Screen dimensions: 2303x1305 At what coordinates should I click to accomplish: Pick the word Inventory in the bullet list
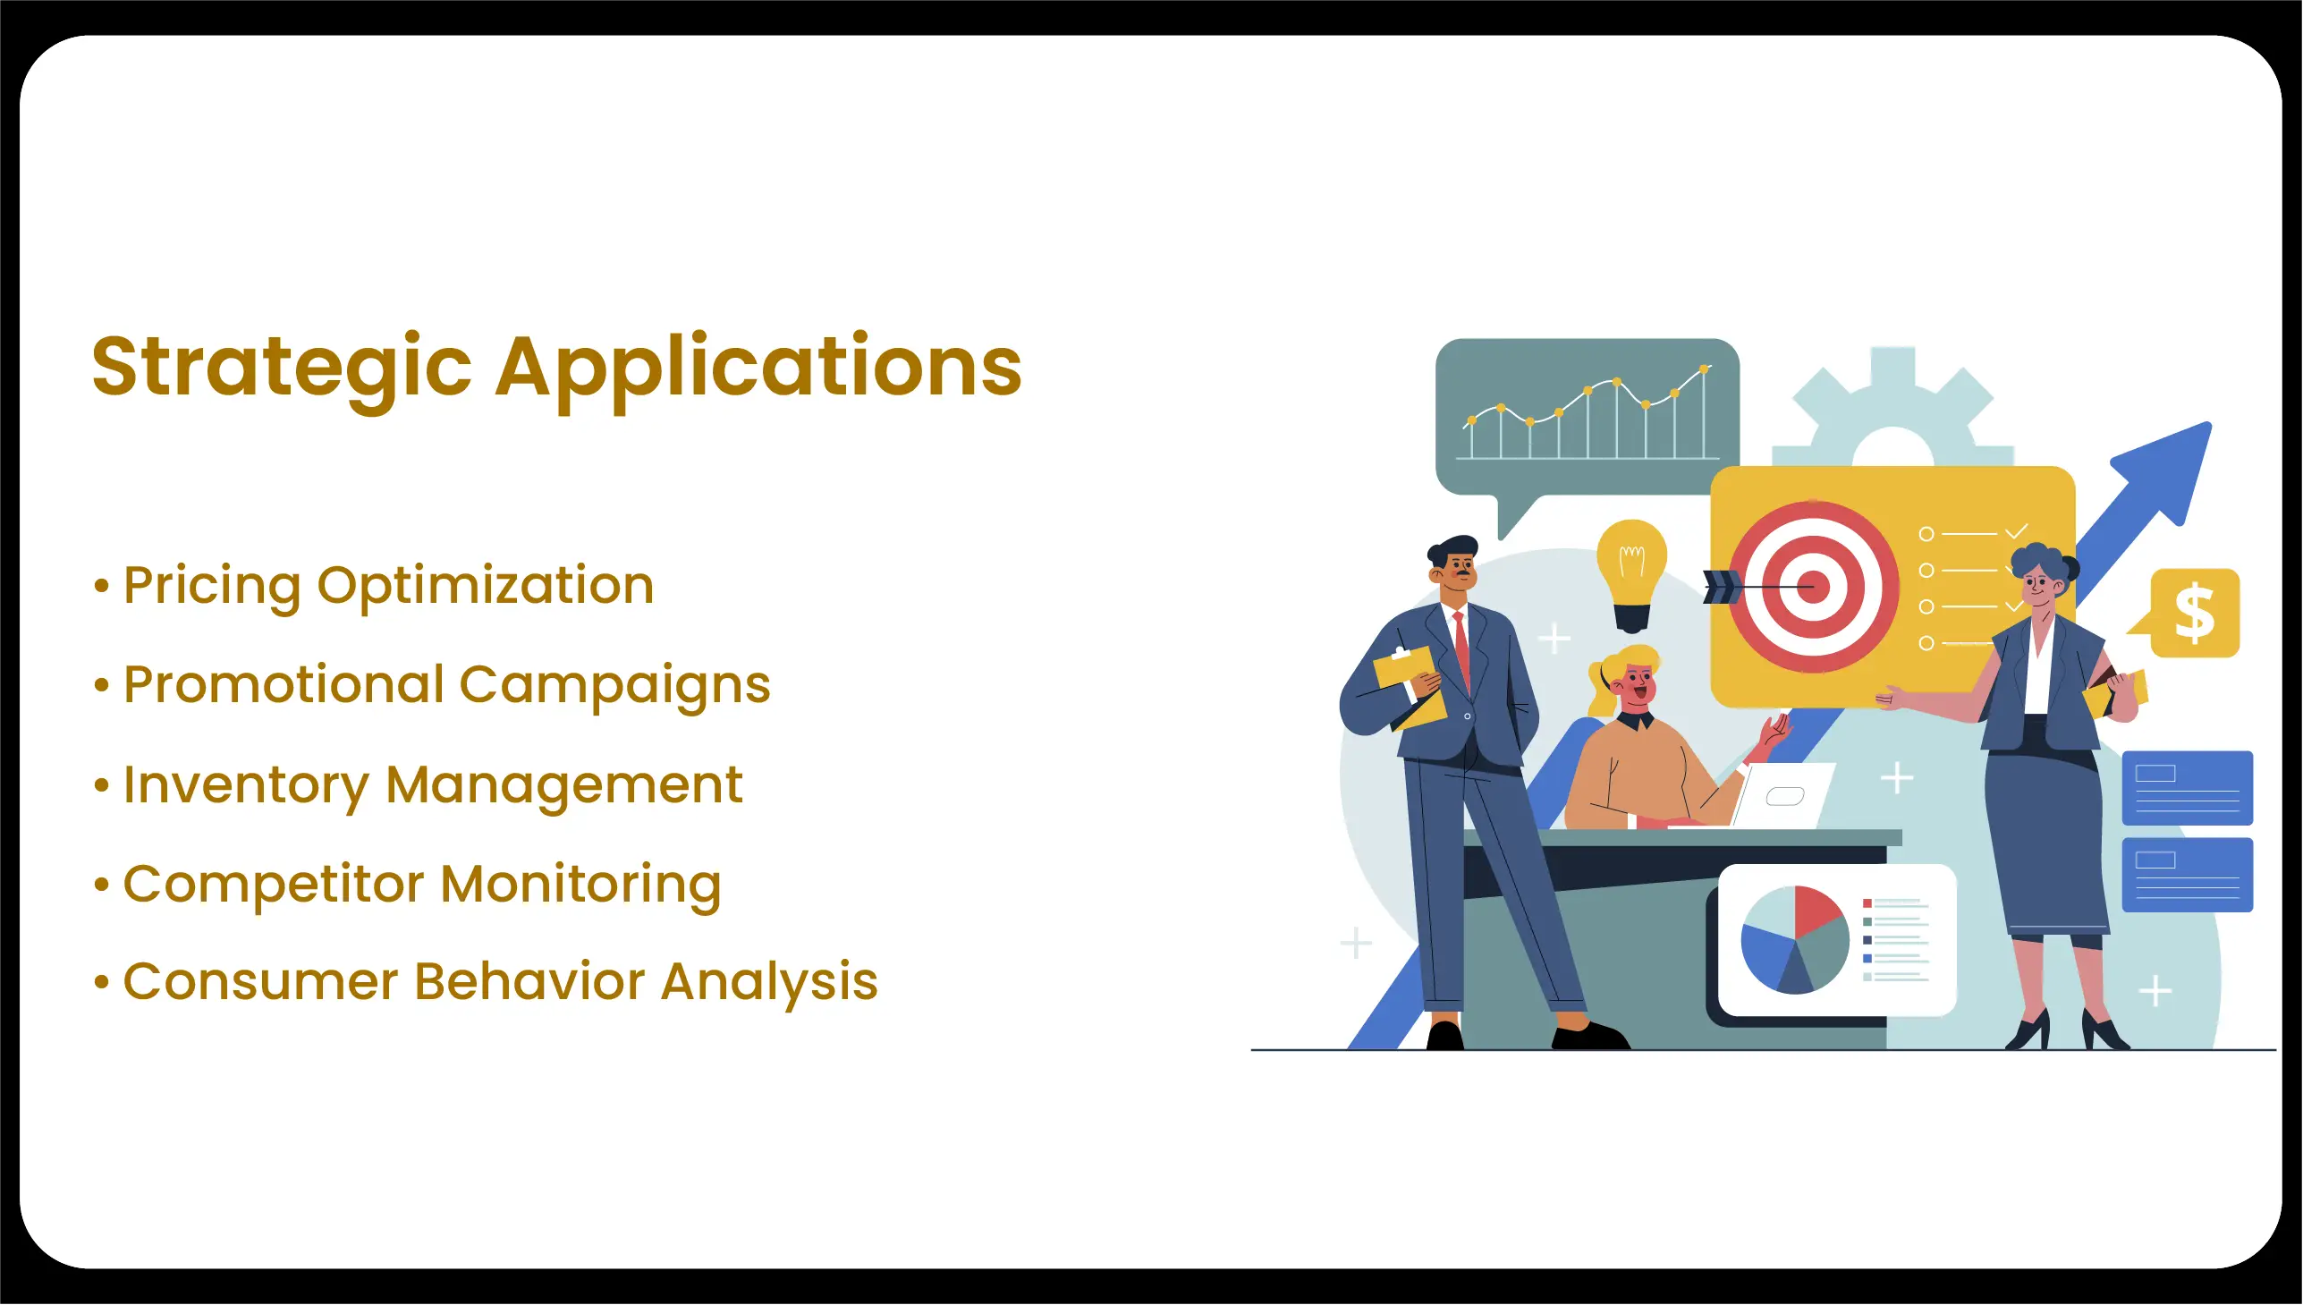click(247, 787)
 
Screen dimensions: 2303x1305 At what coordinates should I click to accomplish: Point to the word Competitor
click(274, 886)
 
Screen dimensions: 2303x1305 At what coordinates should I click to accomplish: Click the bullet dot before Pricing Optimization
click(101, 587)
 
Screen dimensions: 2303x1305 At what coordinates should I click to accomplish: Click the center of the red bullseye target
click(1813, 587)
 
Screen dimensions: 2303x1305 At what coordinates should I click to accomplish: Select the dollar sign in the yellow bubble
click(2195, 613)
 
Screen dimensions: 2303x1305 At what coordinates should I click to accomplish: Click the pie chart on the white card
click(1795, 940)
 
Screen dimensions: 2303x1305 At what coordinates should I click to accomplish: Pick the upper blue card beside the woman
click(2188, 789)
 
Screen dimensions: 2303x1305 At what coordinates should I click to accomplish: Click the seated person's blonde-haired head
click(1630, 679)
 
